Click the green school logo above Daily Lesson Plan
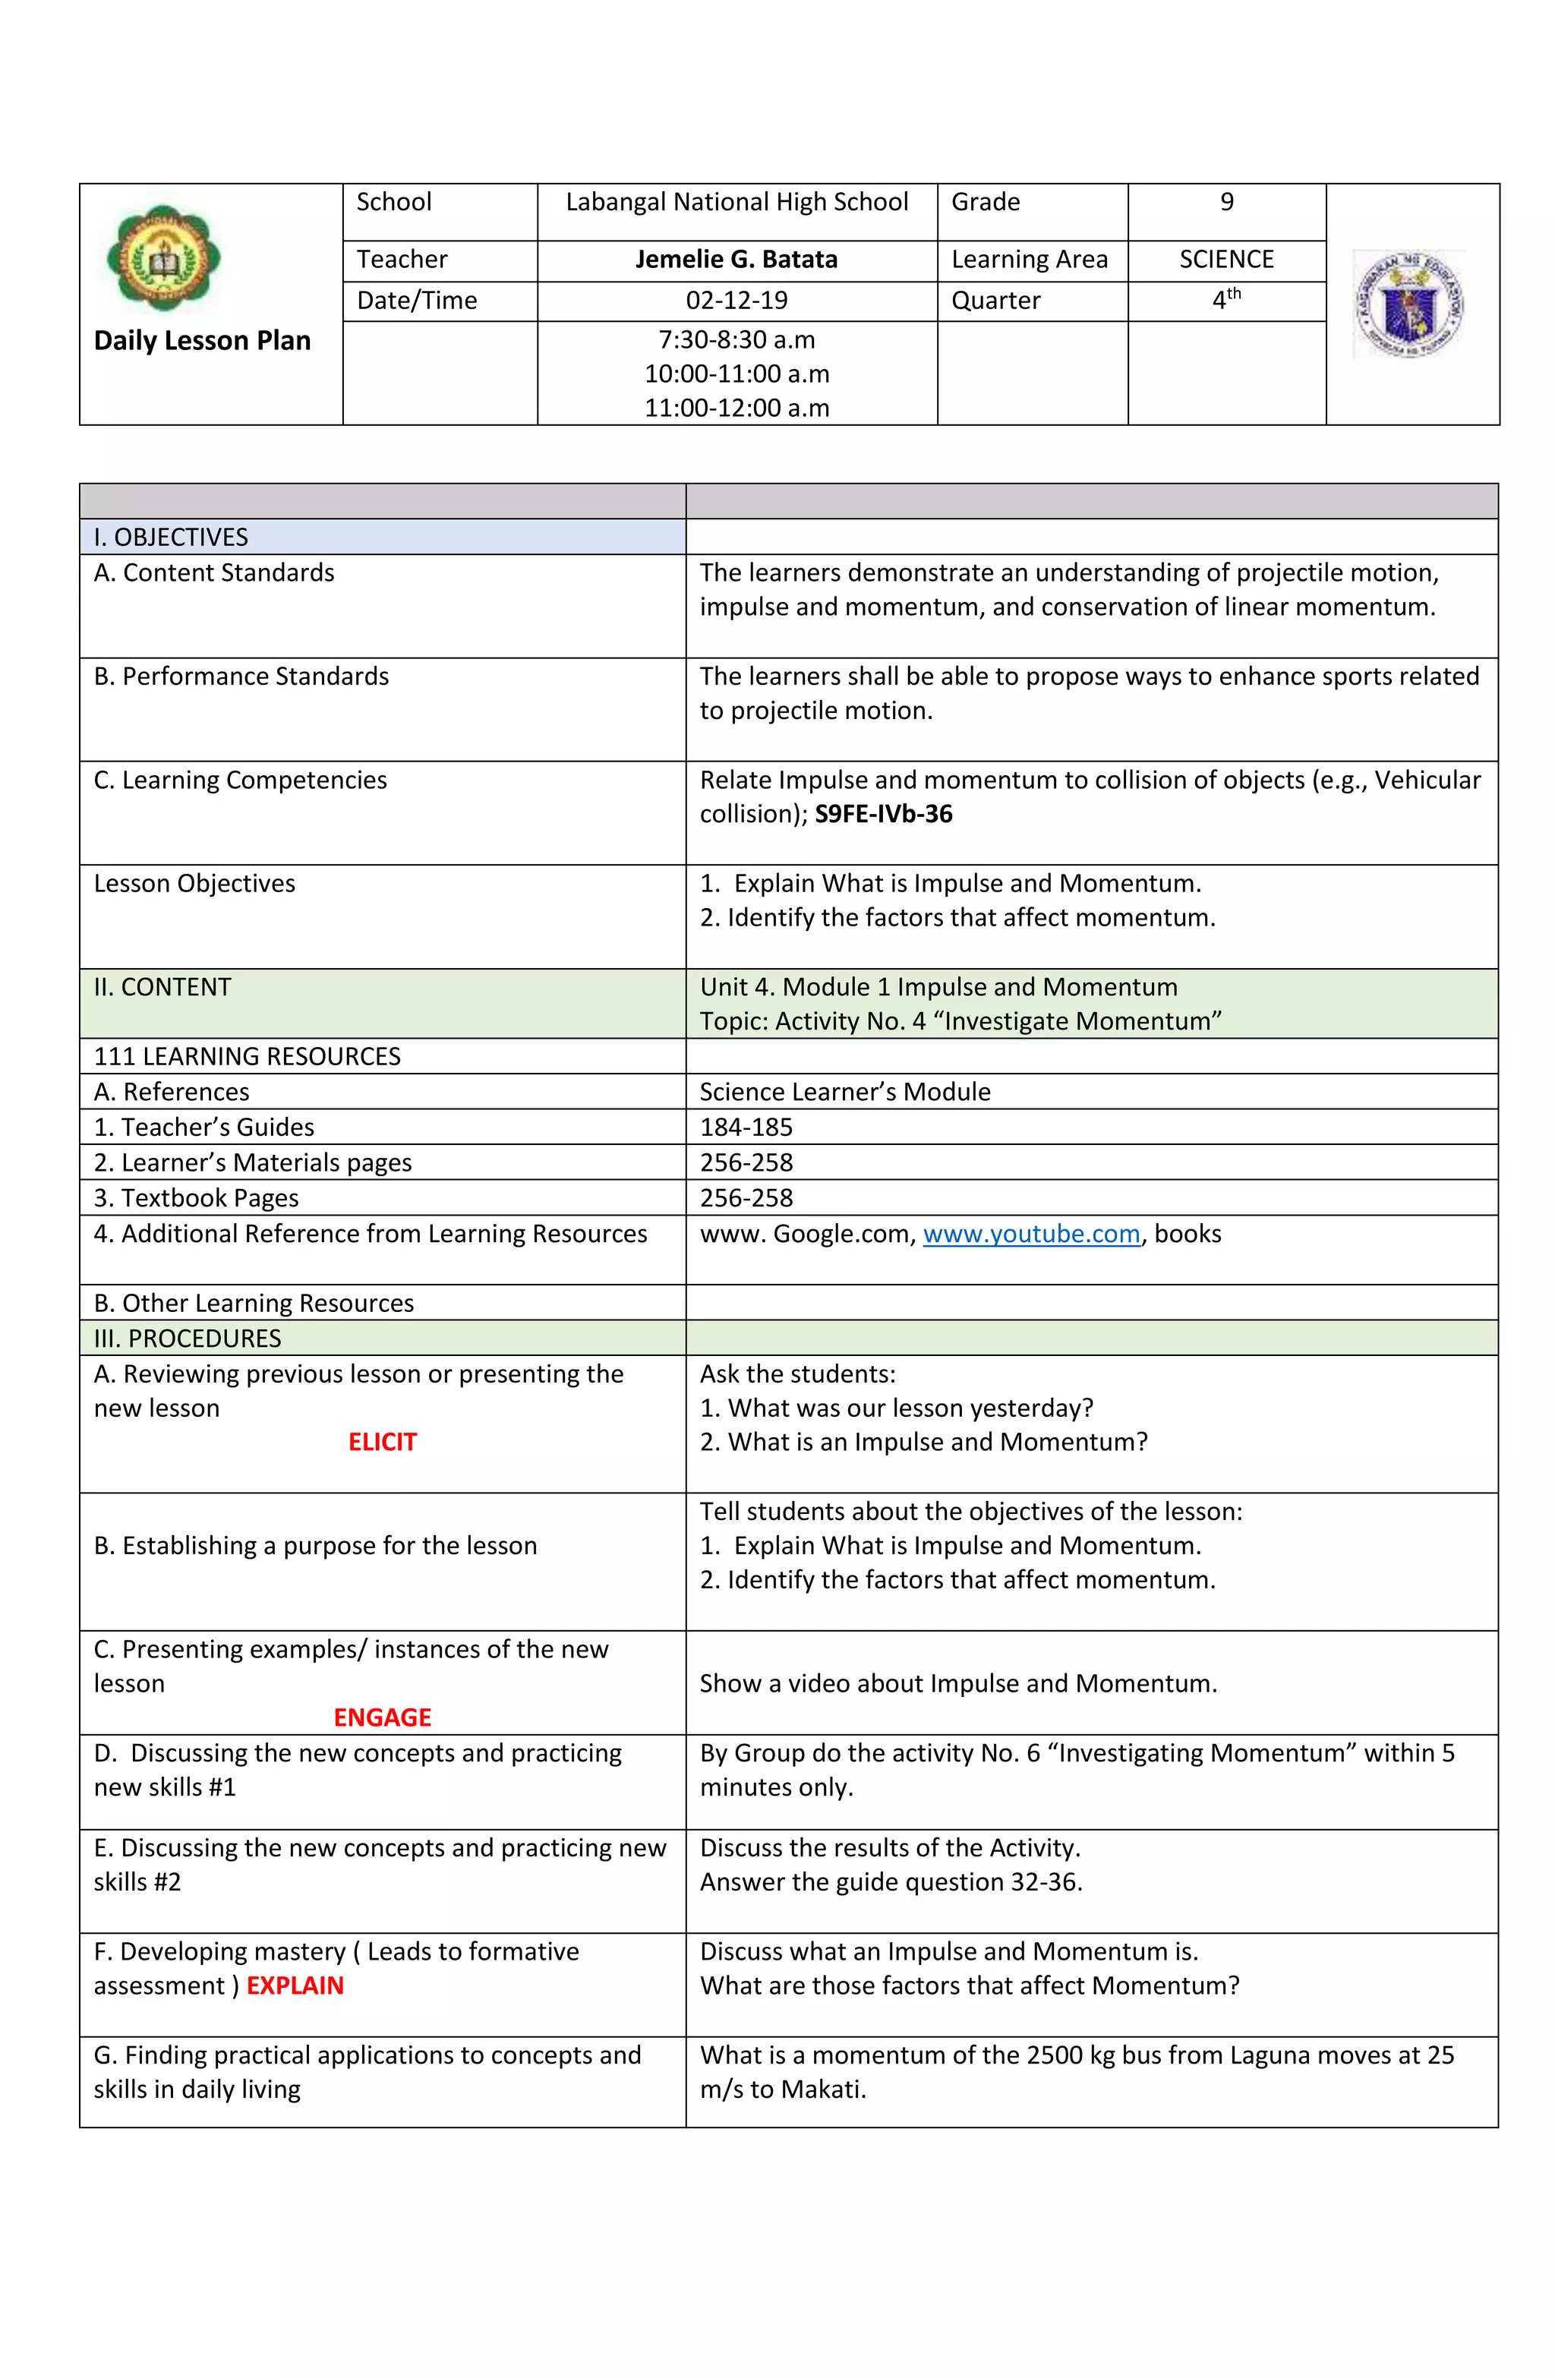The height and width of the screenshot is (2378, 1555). point(163,260)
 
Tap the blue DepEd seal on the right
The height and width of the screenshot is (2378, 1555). point(1408,304)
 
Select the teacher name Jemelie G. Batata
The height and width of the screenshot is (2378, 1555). point(736,260)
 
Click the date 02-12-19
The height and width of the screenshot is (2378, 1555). point(736,301)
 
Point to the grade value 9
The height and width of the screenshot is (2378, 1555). point(1226,203)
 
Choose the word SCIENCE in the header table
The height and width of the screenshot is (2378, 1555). point(1226,260)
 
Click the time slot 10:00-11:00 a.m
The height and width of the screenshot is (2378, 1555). point(736,374)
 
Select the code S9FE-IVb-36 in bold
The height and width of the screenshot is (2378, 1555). point(884,815)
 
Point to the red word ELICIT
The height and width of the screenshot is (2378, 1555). point(382,1442)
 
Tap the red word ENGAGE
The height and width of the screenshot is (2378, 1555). point(382,1717)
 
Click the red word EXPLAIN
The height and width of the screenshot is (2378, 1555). point(295,1985)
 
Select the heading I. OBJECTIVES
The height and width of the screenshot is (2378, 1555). point(171,538)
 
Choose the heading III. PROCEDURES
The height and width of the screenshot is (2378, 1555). point(187,1338)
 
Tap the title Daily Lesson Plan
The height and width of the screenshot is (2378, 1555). point(202,341)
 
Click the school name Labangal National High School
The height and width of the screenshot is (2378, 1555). point(736,203)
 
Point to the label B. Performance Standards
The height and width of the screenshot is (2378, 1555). point(241,676)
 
